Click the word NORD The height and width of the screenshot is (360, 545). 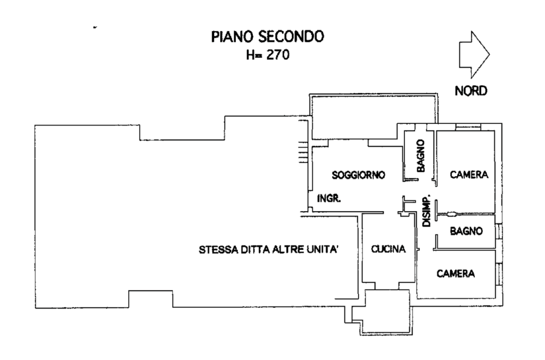point(471,91)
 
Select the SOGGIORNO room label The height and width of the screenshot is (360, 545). point(359,175)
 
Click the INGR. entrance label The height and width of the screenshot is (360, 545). point(330,200)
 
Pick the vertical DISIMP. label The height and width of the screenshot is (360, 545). point(427,211)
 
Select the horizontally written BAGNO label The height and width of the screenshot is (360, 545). point(467,231)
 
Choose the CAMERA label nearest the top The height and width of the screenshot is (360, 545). point(468,175)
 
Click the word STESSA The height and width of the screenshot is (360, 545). point(216,250)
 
